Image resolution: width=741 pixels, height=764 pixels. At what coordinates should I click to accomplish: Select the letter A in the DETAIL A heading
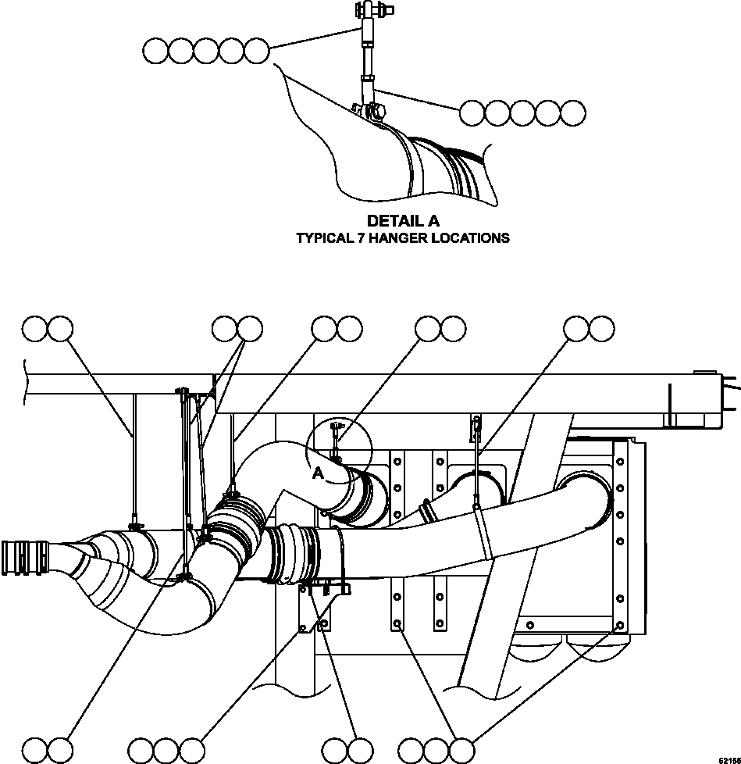(x=432, y=222)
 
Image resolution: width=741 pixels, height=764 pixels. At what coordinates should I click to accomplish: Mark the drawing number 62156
(x=729, y=759)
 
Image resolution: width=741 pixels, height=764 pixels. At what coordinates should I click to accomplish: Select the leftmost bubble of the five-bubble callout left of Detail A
(x=156, y=52)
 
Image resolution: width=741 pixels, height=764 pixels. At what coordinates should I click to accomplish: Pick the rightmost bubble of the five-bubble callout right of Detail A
(x=573, y=113)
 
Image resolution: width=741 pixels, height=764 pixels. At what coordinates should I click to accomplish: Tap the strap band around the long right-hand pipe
(x=484, y=531)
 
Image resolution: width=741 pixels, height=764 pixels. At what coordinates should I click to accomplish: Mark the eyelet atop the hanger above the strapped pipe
(x=475, y=423)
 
